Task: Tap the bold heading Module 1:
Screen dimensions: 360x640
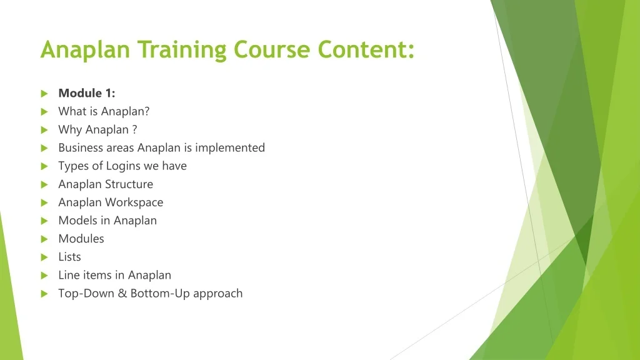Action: point(87,93)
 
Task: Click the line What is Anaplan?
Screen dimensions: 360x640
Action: point(104,111)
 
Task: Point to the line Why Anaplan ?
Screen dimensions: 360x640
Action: point(97,129)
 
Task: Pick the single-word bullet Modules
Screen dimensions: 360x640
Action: point(81,238)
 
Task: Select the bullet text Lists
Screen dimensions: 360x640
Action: point(69,256)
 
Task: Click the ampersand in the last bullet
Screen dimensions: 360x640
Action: point(124,293)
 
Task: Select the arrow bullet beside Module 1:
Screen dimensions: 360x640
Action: point(44,94)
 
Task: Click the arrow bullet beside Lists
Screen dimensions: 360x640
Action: point(44,257)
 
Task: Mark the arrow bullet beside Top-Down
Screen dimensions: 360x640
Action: point(44,293)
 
